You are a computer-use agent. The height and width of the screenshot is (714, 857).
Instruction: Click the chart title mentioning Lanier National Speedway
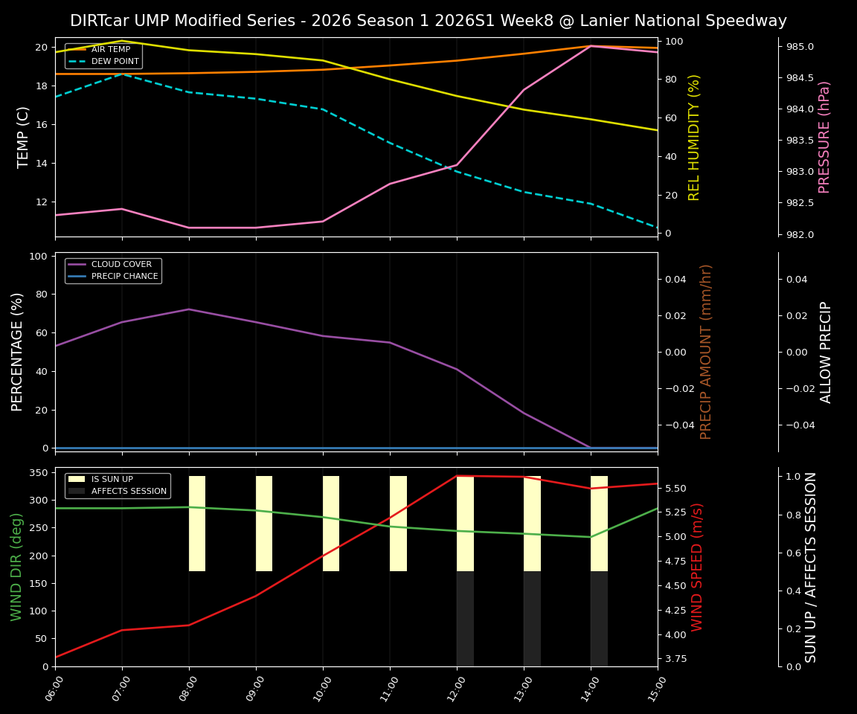428,21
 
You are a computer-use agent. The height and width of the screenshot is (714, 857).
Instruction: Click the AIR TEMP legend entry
110,50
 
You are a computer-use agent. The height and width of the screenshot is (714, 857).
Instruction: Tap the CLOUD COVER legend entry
121,265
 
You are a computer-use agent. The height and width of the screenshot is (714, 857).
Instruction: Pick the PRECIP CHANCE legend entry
124,277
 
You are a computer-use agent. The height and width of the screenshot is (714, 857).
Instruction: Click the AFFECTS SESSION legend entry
128,492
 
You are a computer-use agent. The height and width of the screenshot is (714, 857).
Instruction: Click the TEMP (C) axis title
24,137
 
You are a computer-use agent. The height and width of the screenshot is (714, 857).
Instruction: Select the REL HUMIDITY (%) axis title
695,137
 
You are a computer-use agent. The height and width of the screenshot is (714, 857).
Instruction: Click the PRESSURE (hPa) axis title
824,137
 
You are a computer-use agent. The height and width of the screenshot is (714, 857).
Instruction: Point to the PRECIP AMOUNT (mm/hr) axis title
706,352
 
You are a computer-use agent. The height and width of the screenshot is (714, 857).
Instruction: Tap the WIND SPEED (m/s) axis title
697,567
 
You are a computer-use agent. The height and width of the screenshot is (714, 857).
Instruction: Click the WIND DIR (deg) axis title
16,567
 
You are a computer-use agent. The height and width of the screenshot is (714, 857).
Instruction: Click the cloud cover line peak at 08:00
189,309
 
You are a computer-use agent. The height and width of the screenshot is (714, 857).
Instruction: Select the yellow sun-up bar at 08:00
197,524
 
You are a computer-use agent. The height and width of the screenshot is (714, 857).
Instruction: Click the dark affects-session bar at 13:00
532,619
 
